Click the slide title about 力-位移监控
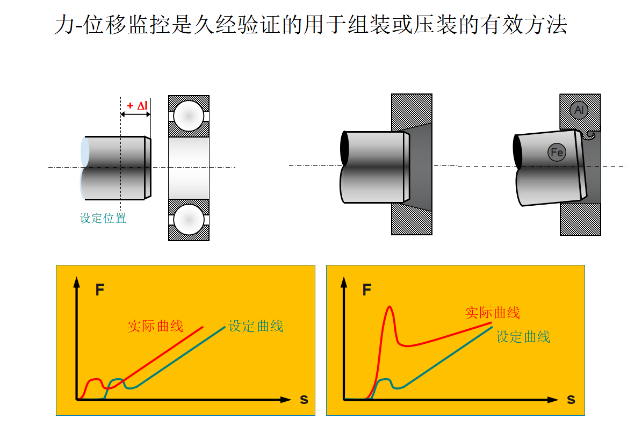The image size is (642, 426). [311, 25]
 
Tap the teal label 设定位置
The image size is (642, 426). [103, 218]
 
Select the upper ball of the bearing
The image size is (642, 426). [189, 115]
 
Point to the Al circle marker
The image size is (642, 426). [579, 110]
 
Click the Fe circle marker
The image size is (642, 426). [557, 153]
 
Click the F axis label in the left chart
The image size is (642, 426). [99, 291]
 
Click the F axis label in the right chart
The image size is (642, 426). [367, 291]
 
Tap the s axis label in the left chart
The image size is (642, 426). [304, 400]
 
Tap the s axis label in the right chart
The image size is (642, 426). [571, 400]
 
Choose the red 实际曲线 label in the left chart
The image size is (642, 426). [155, 326]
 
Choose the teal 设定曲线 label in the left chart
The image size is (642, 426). [256, 326]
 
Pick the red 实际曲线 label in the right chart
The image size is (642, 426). [492, 312]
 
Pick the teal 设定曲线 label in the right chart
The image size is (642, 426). [523, 337]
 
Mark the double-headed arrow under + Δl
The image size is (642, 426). [136, 114]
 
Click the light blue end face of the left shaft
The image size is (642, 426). [84, 168]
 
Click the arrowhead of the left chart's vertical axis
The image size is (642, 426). [78, 281]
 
